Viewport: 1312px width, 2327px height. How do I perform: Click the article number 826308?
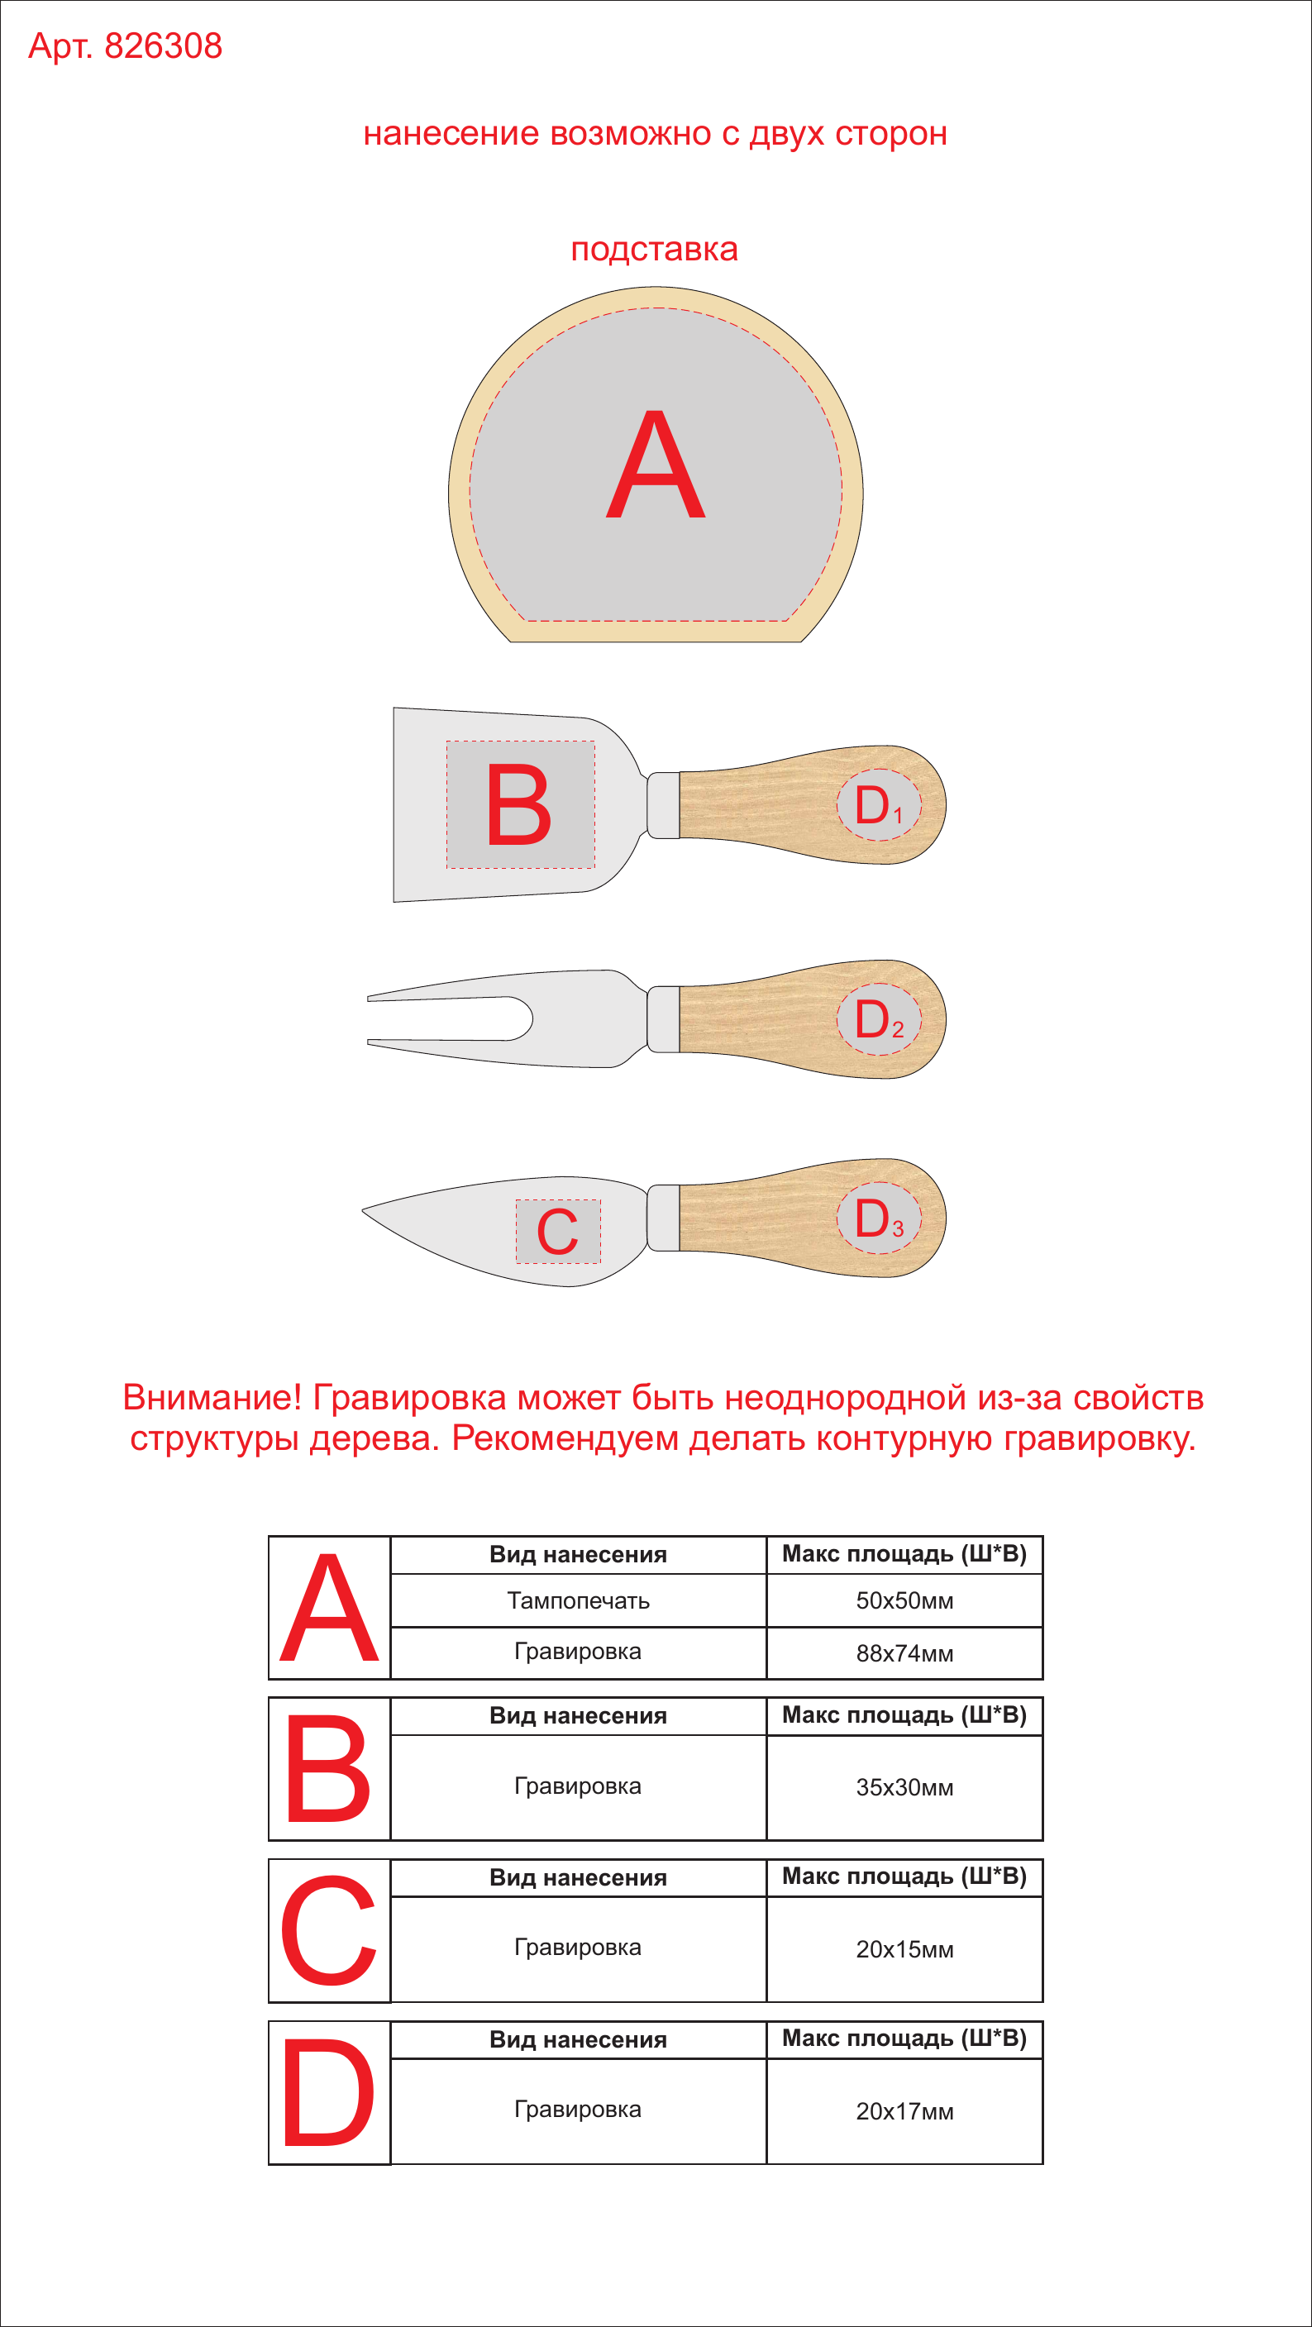pos(164,46)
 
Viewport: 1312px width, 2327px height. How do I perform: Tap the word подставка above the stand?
pos(654,250)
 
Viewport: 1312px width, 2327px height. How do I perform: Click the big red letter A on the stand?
pos(655,465)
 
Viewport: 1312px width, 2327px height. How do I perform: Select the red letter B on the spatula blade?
pos(518,804)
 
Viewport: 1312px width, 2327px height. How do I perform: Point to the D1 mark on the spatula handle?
pos(878,805)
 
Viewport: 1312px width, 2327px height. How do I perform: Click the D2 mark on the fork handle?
pos(878,1019)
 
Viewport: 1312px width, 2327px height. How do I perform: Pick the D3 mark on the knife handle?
pos(878,1218)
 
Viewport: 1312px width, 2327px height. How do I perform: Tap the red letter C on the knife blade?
pos(557,1231)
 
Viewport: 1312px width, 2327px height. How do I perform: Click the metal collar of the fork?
pos(664,1019)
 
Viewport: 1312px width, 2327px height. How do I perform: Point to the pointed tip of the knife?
pos(363,1210)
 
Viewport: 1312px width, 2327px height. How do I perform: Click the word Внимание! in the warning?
pos(212,1398)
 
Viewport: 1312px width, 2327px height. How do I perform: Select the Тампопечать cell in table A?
pos(579,1600)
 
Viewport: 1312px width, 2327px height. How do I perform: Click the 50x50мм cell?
pos(904,1600)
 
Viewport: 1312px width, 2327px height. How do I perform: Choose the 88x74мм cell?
pos(904,1653)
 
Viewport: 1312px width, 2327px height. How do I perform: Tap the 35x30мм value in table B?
pos(904,1788)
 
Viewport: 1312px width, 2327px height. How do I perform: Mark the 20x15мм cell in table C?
pos(904,1949)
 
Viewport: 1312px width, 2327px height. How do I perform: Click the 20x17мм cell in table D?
pos(904,2111)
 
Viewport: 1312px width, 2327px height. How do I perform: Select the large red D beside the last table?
pos(328,2092)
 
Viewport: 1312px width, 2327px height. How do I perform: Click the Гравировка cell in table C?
pos(579,1948)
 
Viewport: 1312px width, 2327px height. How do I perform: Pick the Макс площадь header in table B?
pos(904,1714)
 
